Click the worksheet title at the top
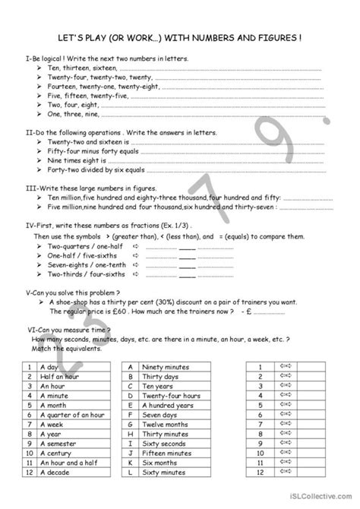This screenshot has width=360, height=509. click(x=180, y=35)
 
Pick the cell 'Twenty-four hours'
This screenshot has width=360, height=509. click(x=171, y=395)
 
